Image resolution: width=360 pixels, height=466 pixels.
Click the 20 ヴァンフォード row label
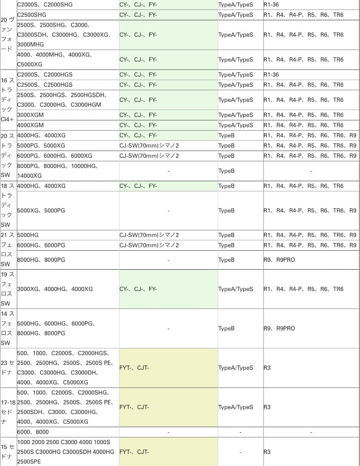click(x=8, y=35)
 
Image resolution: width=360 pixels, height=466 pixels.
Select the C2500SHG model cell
click(x=32, y=15)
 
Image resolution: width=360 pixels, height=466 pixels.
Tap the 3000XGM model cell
click(x=30, y=115)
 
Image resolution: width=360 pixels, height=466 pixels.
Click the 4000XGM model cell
click(x=30, y=125)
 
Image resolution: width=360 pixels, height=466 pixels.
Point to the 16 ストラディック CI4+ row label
click(x=8, y=100)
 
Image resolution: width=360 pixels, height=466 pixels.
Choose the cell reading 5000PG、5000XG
click(x=41, y=145)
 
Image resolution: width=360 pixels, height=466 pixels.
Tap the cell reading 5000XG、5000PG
click(x=41, y=211)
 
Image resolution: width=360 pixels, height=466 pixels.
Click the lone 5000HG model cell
click(x=28, y=235)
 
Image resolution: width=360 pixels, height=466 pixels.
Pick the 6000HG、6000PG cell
click(x=41, y=245)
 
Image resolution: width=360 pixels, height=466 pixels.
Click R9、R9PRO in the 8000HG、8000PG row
click(x=279, y=260)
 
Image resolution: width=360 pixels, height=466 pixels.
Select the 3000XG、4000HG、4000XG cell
click(x=55, y=289)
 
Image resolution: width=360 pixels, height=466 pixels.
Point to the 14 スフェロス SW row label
click(x=8, y=328)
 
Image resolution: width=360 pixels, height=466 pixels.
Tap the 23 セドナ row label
click(x=8, y=368)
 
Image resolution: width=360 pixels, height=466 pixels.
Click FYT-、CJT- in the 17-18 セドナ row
click(x=134, y=407)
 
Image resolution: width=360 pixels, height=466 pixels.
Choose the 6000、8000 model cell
click(x=33, y=432)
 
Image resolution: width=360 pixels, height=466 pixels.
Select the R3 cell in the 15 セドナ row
click(x=267, y=452)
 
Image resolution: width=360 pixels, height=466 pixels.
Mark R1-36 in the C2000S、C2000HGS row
click(x=271, y=75)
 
